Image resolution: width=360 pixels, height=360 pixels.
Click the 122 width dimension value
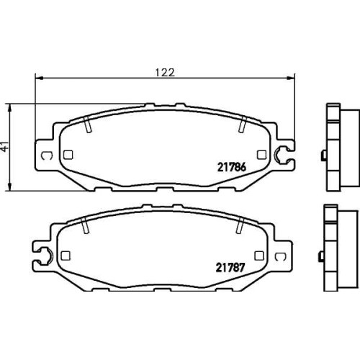tap(165, 72)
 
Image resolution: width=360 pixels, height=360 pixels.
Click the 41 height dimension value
tap(5, 146)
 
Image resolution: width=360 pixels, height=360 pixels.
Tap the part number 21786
tap(232, 167)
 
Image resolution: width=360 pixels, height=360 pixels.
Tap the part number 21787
tap(230, 268)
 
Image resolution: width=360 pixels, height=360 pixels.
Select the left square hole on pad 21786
tap(68, 155)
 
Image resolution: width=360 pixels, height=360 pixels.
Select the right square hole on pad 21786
tap(261, 155)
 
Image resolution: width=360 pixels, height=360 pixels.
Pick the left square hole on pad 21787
tap(66, 256)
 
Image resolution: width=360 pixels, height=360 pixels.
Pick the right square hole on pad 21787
tap(259, 256)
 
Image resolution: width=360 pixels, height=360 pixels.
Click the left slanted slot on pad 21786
tap(88, 125)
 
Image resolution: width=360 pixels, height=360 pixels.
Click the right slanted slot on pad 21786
tap(243, 125)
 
